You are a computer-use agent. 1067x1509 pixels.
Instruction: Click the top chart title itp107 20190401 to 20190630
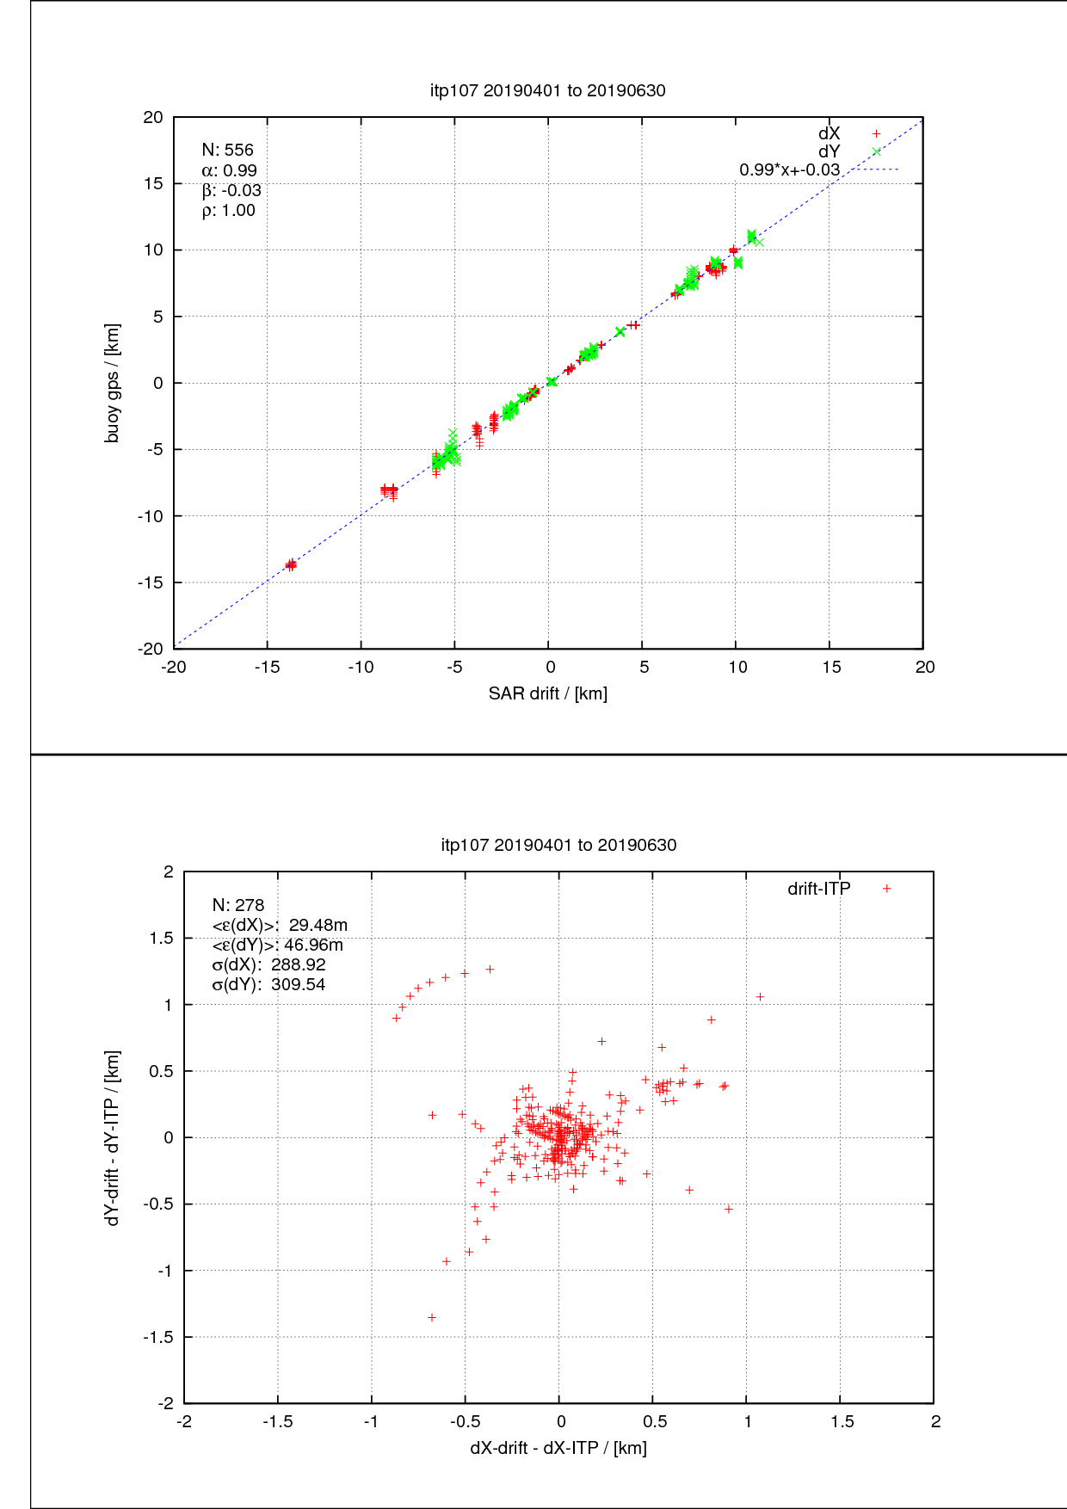click(x=547, y=90)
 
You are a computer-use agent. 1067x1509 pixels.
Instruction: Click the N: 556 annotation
click(x=227, y=150)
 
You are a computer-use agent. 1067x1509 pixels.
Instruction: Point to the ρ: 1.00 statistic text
click(x=228, y=211)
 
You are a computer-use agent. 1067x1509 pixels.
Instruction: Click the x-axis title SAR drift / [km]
click(x=547, y=693)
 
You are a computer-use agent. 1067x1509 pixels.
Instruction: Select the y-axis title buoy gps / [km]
click(x=112, y=383)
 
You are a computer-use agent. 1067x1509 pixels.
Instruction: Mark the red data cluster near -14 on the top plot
click(x=291, y=564)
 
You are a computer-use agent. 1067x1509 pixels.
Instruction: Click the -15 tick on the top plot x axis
click(x=267, y=667)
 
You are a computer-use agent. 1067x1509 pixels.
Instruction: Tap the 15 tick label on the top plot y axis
click(x=153, y=183)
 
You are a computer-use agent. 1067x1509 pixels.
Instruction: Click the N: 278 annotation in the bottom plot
click(x=238, y=905)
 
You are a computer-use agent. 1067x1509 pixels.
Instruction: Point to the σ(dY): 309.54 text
click(x=268, y=984)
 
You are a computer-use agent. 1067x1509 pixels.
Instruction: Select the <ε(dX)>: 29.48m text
click(x=280, y=925)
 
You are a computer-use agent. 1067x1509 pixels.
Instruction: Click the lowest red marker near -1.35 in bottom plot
click(x=432, y=1317)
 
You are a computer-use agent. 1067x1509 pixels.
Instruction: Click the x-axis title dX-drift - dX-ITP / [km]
click(x=558, y=1448)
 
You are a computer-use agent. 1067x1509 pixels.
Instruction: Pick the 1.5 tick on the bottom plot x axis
click(x=842, y=1422)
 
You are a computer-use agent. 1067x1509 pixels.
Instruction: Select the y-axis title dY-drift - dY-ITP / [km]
click(x=112, y=1137)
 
